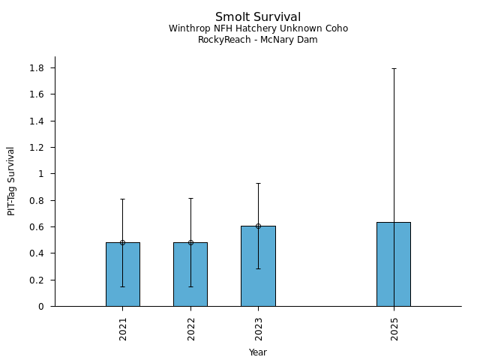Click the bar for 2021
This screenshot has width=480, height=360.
122,274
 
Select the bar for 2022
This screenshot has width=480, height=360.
190,274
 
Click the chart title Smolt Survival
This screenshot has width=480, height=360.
258,17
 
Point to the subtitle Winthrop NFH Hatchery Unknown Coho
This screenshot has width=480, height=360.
258,28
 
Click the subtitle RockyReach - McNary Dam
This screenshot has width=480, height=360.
258,40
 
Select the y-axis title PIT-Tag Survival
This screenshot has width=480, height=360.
11,181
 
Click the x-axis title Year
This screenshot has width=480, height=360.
258,352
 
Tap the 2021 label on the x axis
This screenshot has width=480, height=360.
123,329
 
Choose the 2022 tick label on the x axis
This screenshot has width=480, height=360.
190,329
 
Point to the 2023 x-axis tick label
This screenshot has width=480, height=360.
258,329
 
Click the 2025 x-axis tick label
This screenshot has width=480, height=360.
394,329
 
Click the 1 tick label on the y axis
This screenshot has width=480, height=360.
41,174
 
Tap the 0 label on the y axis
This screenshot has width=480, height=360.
41,307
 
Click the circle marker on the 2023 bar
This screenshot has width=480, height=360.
258,226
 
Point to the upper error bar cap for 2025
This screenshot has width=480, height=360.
394,68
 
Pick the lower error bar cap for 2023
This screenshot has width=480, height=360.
258,268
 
